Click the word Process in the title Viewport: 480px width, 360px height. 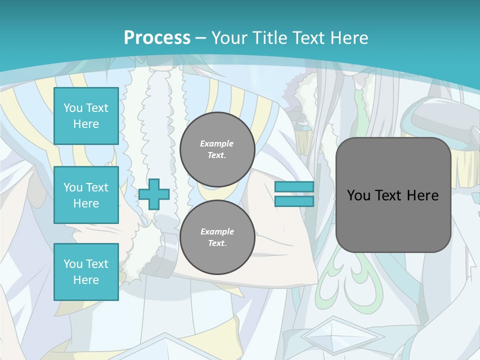157,38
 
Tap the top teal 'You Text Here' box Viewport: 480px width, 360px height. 86,116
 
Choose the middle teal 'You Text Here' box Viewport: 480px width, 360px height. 86,195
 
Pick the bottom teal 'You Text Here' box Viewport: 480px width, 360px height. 86,272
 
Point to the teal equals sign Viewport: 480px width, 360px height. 294,194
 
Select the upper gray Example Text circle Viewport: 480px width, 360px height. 217,149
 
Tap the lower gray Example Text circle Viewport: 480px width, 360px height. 217,237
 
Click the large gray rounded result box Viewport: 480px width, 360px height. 393,195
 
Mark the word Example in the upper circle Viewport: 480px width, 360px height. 217,143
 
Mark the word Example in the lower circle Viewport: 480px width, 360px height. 217,231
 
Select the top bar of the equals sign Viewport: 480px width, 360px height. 294,187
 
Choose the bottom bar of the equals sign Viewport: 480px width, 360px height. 294,201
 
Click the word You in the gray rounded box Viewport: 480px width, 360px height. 358,195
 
